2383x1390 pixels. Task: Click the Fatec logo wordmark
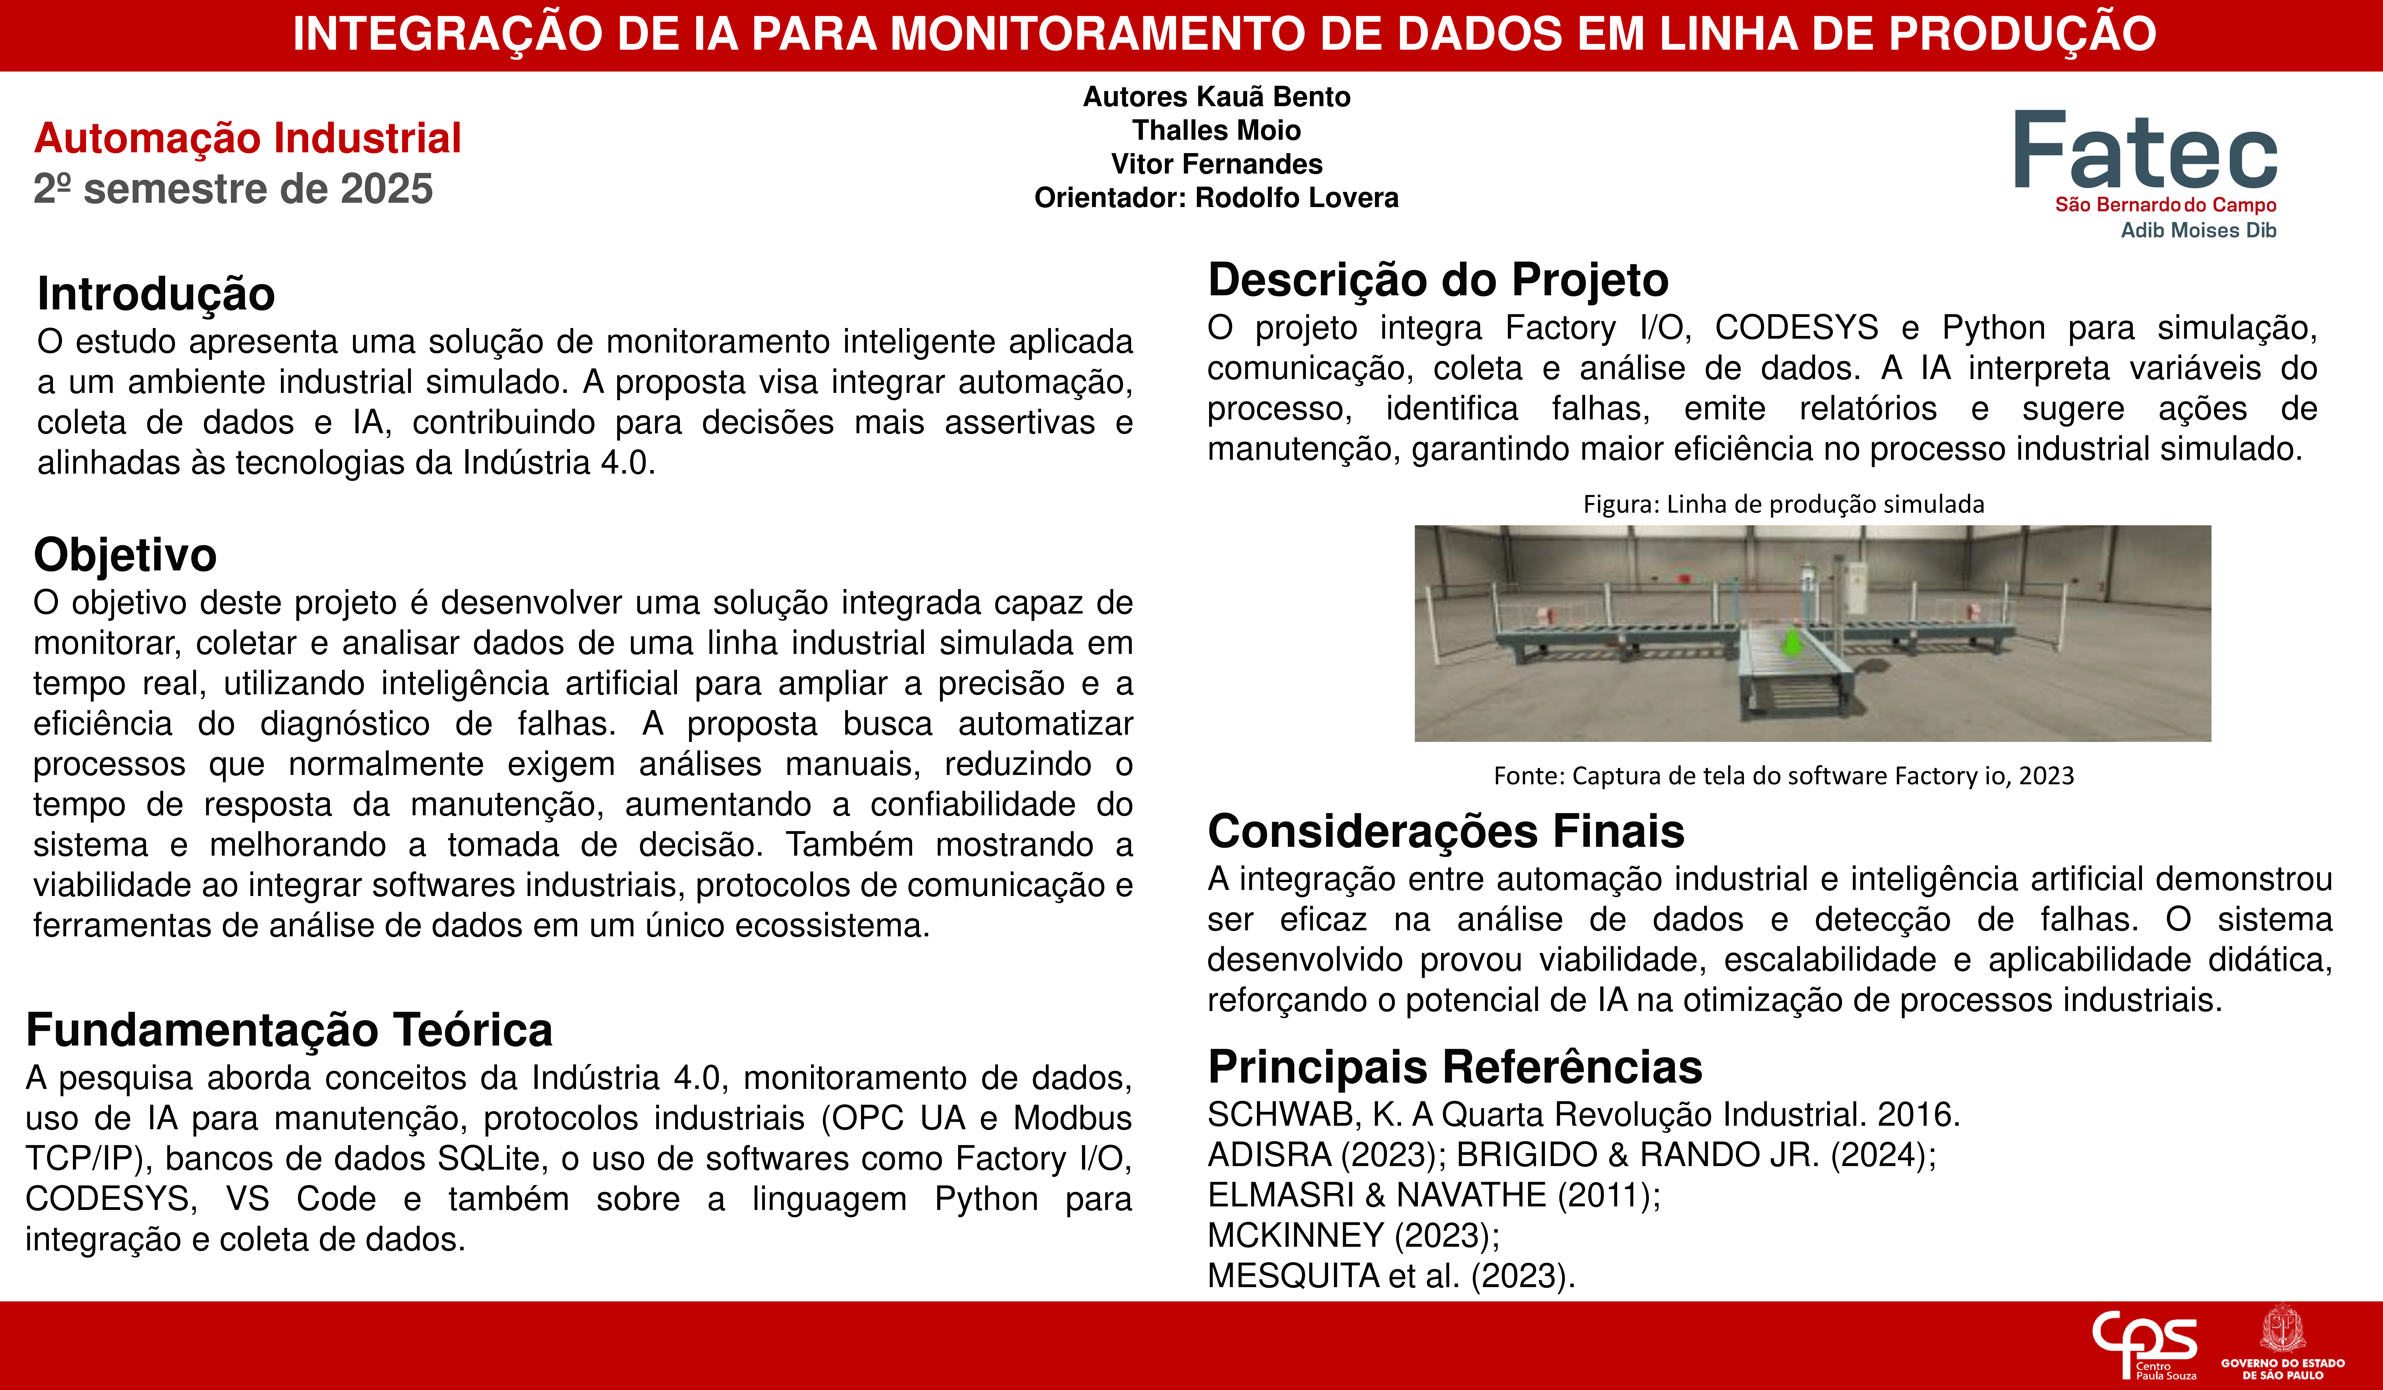tap(2145, 151)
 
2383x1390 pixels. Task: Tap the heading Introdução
tap(156, 294)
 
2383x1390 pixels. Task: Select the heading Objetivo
tap(125, 555)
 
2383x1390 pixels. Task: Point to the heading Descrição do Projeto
tap(1437, 280)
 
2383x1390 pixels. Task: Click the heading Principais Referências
tap(1454, 1067)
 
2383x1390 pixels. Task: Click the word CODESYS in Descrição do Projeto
tap(1796, 328)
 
